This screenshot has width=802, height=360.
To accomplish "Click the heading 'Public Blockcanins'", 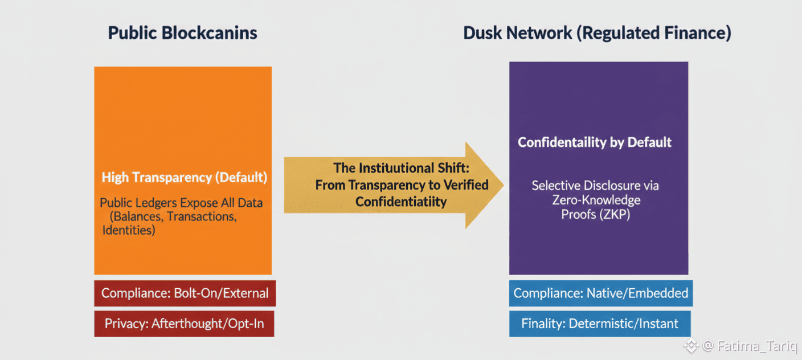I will click(x=183, y=33).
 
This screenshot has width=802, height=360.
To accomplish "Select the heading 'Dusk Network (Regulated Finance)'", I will click(x=597, y=33).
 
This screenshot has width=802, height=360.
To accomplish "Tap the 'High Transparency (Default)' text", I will click(x=184, y=177).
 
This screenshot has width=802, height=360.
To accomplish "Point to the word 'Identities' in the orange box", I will click(x=129, y=231).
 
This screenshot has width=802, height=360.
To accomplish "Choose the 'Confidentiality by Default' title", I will click(x=595, y=142).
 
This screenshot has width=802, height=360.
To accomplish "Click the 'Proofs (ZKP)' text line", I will click(x=596, y=214).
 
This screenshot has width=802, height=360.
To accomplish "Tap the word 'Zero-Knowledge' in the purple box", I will click(x=596, y=200).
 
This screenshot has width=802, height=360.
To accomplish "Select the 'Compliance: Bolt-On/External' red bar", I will click(x=185, y=293).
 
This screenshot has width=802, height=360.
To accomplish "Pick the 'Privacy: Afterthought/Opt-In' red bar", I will click(x=184, y=324).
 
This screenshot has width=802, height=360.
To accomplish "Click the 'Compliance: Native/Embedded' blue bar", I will click(x=601, y=293).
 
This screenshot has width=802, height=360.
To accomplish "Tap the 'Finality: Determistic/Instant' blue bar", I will click(x=600, y=324).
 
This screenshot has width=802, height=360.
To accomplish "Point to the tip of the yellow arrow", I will click(x=502, y=185).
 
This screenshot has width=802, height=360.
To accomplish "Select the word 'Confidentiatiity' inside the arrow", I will click(x=401, y=202).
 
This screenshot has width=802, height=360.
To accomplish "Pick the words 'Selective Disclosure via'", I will click(x=595, y=186).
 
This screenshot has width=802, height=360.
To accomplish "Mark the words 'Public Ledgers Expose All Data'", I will click(x=181, y=203).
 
